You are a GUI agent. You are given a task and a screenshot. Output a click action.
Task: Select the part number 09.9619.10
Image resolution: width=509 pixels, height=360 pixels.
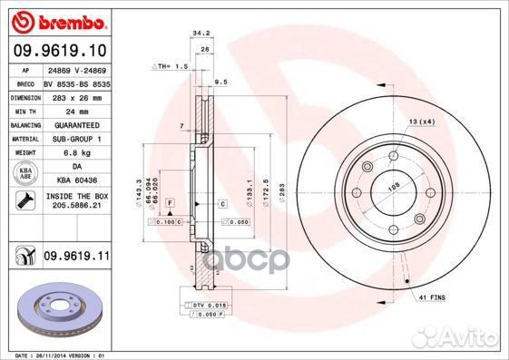pos(58,52)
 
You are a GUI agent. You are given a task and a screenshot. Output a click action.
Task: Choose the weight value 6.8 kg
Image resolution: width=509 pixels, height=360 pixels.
pos(63,153)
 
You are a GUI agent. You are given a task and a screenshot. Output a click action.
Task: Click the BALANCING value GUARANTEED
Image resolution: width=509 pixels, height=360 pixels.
pos(73,124)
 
